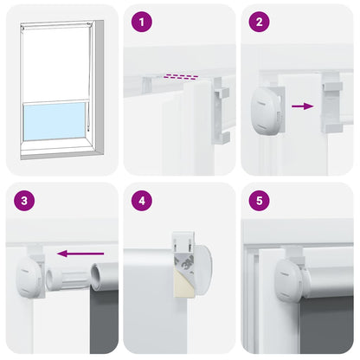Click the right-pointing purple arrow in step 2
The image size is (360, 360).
point(302,106)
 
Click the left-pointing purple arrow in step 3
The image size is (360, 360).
point(74,254)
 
